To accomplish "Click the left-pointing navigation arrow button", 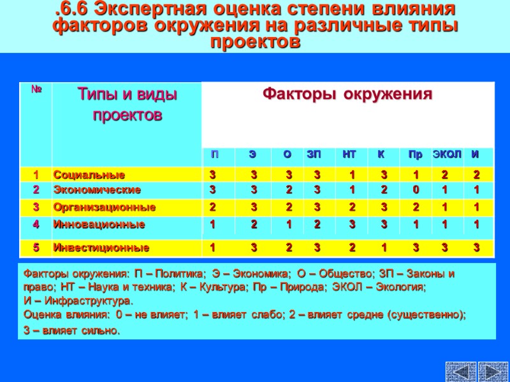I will tap(461, 371).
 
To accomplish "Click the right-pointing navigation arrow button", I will tap(493, 371).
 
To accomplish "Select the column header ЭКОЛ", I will tap(447, 155).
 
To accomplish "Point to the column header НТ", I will tap(349, 155).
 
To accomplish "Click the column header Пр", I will tap(415, 155).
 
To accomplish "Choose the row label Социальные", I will tap(89, 174).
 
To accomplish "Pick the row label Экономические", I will tap(97, 190).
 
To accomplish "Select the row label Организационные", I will tap(105, 207).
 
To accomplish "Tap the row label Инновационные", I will tap(99, 224).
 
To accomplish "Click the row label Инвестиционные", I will tap(101, 248).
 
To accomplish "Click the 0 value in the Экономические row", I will tap(416, 190).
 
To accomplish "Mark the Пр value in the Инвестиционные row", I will tap(416, 248).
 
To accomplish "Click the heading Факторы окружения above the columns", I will tap(347, 95).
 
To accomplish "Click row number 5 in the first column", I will tap(36, 248).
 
